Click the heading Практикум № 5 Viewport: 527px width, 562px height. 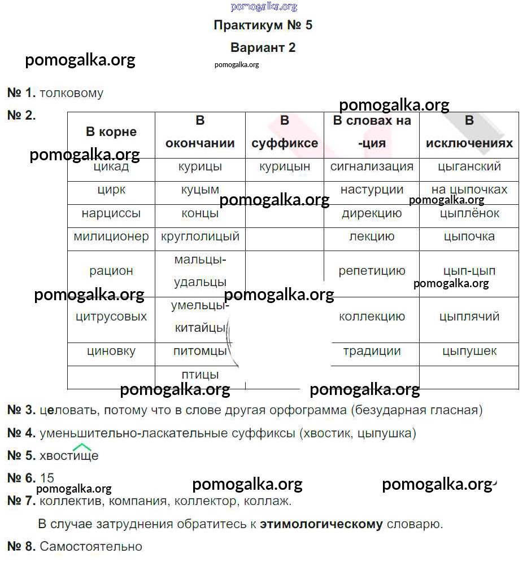coord(263,25)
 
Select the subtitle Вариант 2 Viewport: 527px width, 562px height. coord(263,47)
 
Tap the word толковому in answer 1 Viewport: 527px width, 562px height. coord(72,93)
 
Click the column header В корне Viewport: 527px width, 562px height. coord(111,132)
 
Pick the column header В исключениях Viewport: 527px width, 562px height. coord(469,132)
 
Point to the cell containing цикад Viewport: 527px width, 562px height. coord(111,167)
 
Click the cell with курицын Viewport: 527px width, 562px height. coord(285,167)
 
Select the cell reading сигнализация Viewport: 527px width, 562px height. coord(372,167)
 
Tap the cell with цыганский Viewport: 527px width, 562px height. coord(469,167)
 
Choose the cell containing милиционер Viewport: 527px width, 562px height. coord(111,237)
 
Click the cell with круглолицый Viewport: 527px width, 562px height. coord(200,237)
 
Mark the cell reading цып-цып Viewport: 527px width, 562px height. coord(469,271)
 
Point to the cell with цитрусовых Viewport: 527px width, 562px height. coord(111,317)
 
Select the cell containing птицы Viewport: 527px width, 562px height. coord(200,375)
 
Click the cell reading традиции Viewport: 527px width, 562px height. coord(372,352)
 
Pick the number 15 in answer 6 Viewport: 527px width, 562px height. coord(47,478)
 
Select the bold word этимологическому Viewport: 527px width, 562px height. coord(321,524)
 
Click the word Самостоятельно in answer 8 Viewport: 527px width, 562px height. coord(91,547)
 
